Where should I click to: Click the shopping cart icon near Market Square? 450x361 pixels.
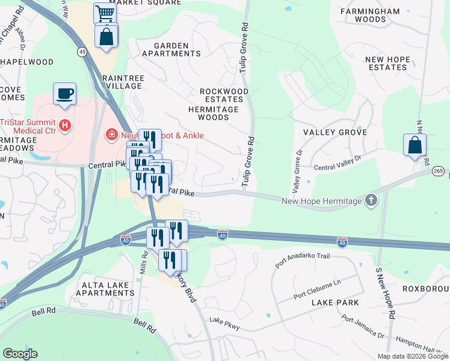point(105,13)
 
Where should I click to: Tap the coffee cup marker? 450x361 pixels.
point(64,94)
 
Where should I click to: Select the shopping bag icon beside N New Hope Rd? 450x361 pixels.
point(415,145)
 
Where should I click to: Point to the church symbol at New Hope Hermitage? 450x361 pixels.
point(371,200)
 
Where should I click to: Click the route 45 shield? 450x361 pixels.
point(81,53)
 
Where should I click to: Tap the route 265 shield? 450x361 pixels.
point(439,172)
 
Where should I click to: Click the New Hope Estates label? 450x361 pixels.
point(387,63)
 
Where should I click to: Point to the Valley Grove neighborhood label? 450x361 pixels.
point(335,132)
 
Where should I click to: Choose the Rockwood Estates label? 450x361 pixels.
point(224,95)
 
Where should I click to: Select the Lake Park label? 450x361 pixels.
point(335,303)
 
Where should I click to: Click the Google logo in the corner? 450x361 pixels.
point(20,354)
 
